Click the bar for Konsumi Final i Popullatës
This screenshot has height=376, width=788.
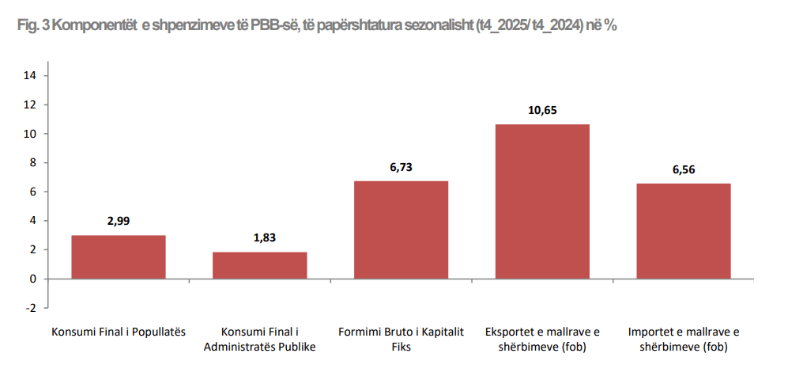click(119, 257)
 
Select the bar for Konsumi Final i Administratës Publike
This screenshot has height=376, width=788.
click(259, 265)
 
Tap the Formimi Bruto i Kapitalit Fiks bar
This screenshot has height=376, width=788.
click(401, 230)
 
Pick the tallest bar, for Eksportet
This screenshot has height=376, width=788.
click(542, 201)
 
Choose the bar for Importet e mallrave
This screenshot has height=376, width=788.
click(684, 231)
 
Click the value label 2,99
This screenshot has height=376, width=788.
click(119, 221)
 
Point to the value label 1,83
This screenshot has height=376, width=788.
click(259, 237)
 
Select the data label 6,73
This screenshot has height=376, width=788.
click(401, 167)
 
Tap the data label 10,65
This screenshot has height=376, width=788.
click(542, 110)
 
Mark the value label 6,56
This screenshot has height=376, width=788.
click(684, 169)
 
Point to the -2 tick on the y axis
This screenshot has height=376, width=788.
click(32, 308)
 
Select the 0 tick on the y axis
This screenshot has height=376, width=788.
click(35, 279)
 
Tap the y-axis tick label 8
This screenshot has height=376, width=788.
click(35, 163)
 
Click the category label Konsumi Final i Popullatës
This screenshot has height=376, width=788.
click(119, 332)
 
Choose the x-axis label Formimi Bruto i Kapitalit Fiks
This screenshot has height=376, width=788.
click(401, 339)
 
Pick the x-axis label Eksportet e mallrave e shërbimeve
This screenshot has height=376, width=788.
click(542, 339)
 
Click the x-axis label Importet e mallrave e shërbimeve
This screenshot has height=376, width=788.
click(684, 339)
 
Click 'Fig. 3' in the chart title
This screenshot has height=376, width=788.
click(33, 26)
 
